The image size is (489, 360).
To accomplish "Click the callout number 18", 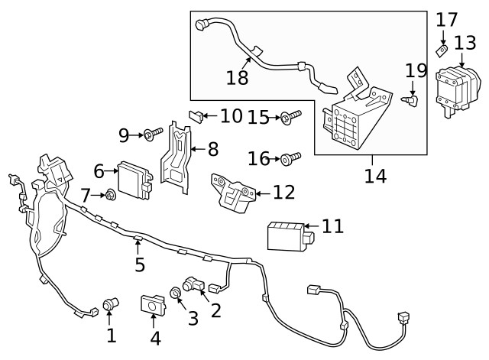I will [x=238, y=78].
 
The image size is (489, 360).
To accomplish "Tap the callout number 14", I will [x=375, y=176].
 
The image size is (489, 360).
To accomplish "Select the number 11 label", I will [x=332, y=227].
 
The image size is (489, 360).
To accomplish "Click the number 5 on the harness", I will [x=140, y=265].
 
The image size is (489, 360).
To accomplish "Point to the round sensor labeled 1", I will [x=111, y=305].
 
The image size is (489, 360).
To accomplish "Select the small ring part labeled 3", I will [x=176, y=292].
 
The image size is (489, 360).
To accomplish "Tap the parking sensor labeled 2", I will [x=192, y=284].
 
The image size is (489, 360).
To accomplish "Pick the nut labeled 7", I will [x=111, y=196].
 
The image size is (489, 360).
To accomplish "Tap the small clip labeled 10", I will [x=196, y=116].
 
